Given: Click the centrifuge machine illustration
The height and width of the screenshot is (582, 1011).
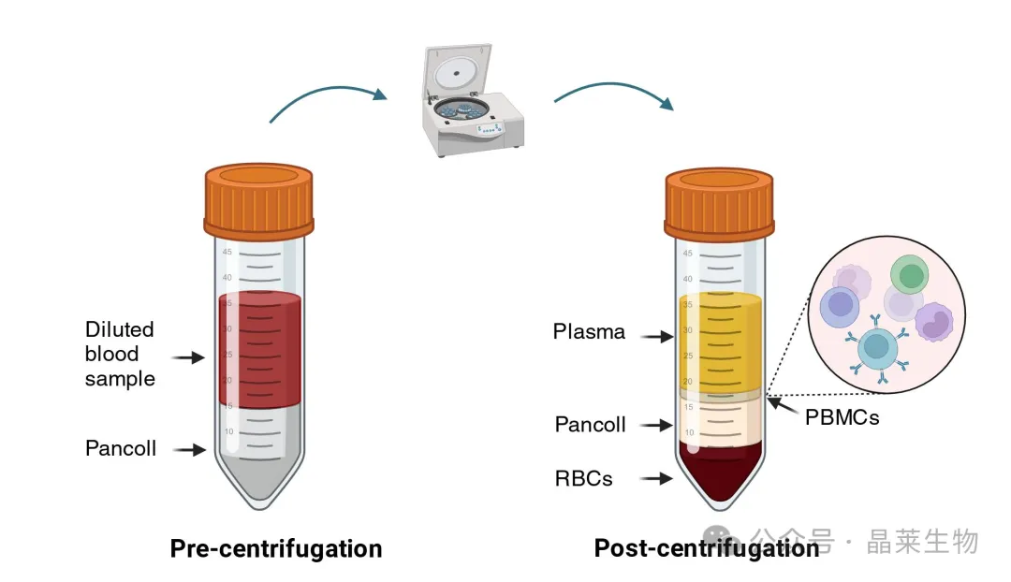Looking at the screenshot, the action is (473, 100).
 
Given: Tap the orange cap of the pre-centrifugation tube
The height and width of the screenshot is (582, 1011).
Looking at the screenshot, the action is (258, 200).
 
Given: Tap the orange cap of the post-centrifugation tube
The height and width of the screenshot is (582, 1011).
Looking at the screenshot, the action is (719, 204).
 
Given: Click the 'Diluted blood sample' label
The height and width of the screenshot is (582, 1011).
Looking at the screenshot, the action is (120, 354).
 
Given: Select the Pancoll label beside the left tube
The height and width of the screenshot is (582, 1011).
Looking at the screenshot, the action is (121, 448).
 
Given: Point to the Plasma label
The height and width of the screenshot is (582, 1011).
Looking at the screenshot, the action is (589, 331).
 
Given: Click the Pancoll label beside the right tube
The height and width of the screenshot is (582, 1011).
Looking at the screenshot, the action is (590, 424).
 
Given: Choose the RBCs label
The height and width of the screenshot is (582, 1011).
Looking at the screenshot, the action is (583, 478).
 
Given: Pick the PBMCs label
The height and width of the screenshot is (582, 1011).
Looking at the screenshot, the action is (842, 417).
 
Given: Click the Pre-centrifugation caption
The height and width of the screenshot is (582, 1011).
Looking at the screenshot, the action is (276, 548).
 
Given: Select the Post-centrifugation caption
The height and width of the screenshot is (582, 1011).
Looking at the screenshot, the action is (707, 547).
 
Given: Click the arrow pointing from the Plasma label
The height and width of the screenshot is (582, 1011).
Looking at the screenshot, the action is (657, 336).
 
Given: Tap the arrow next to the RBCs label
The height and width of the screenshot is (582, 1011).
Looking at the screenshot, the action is (655, 478).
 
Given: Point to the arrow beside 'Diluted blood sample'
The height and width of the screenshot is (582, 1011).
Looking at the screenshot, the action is (188, 357).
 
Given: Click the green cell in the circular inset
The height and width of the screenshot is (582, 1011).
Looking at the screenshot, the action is (910, 274).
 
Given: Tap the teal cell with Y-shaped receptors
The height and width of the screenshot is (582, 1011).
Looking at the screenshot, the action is (877, 347).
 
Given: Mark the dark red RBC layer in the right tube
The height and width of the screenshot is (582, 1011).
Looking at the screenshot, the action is (720, 473).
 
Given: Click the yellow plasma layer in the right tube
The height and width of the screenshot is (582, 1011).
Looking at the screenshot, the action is (720, 342).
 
